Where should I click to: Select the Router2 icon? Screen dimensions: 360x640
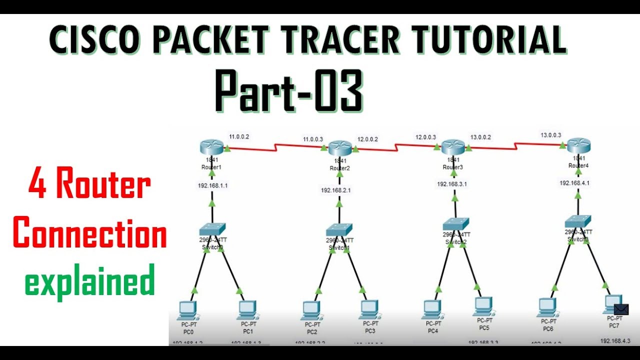pos(339,148)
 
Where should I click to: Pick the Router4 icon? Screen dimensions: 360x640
pos(579,145)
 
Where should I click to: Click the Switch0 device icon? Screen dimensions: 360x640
pos(212,229)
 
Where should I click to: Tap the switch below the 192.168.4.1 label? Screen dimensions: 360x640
pos(578,221)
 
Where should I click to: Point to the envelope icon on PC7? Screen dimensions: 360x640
pos(621,309)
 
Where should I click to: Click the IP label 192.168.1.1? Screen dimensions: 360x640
pos(212,185)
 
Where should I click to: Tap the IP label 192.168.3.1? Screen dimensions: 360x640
pos(452,184)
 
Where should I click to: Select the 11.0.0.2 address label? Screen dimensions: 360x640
pos(239,136)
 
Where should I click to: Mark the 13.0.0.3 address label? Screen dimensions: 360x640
pos(551,135)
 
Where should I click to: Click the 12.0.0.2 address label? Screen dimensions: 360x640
pos(367,139)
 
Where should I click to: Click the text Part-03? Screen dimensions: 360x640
pos(288,91)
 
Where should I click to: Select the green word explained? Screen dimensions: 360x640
pos(90,282)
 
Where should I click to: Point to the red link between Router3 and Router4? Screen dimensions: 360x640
pos(515,145)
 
